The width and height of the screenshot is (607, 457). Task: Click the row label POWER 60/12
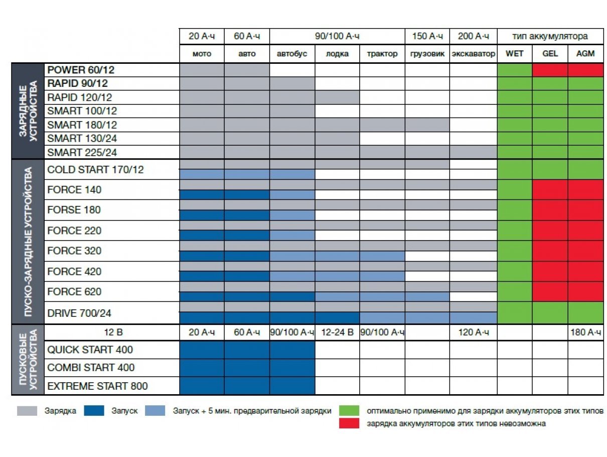(81, 70)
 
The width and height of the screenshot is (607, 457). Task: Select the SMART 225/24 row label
(82, 152)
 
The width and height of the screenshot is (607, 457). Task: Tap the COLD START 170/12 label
(95, 169)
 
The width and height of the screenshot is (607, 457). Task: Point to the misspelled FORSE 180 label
(74, 209)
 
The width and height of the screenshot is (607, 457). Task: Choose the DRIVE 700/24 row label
(79, 313)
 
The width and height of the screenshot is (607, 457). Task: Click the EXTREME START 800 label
(97, 386)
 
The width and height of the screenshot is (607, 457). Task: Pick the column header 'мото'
(202, 53)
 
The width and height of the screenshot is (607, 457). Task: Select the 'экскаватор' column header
(473, 53)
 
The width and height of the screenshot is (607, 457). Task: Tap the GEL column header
(550, 53)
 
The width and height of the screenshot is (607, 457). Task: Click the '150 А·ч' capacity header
(427, 36)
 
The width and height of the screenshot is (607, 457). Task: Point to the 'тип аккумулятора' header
(550, 36)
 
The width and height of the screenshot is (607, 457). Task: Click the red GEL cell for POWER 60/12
(550, 70)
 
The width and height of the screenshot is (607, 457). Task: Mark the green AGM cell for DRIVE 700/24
(585, 313)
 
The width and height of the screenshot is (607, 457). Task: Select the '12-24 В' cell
(337, 332)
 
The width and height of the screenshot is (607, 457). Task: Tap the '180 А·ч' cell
(585, 332)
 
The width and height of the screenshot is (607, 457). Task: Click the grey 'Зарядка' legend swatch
(27, 410)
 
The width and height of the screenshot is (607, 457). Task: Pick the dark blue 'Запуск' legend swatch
(94, 410)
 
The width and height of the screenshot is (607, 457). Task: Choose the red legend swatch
(349, 423)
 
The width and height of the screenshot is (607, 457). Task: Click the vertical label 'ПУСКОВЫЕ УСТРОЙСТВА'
(28, 360)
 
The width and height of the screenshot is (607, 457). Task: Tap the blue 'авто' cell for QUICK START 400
(247, 350)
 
